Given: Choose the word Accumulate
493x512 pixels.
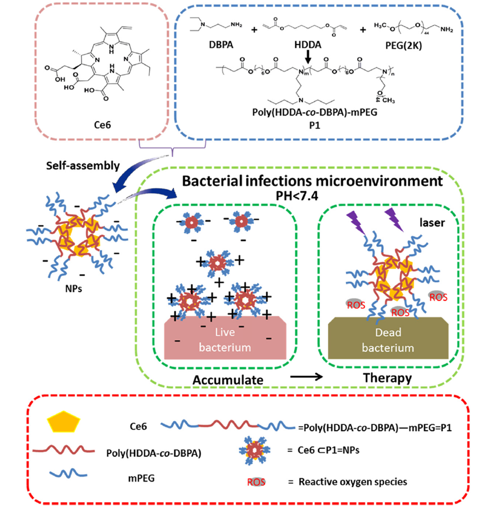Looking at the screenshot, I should [x=228, y=379].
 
